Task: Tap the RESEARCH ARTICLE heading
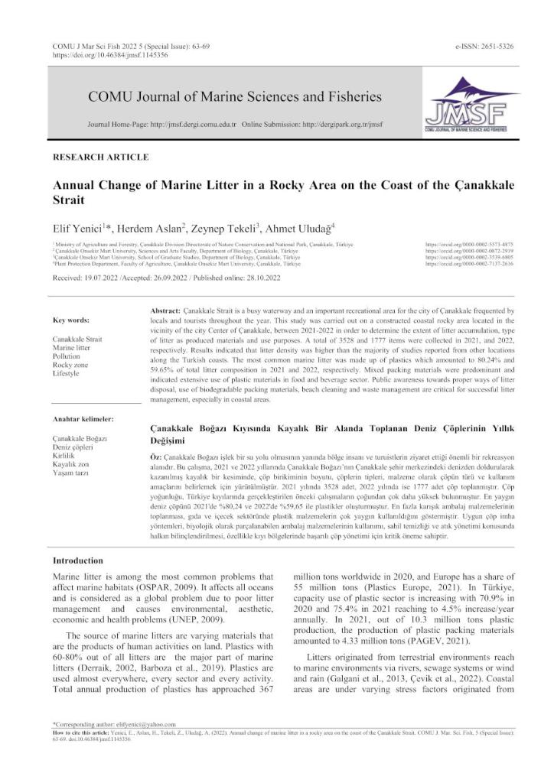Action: point(100,157)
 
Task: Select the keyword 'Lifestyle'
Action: point(67,375)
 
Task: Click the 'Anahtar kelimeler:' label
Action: point(83,419)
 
